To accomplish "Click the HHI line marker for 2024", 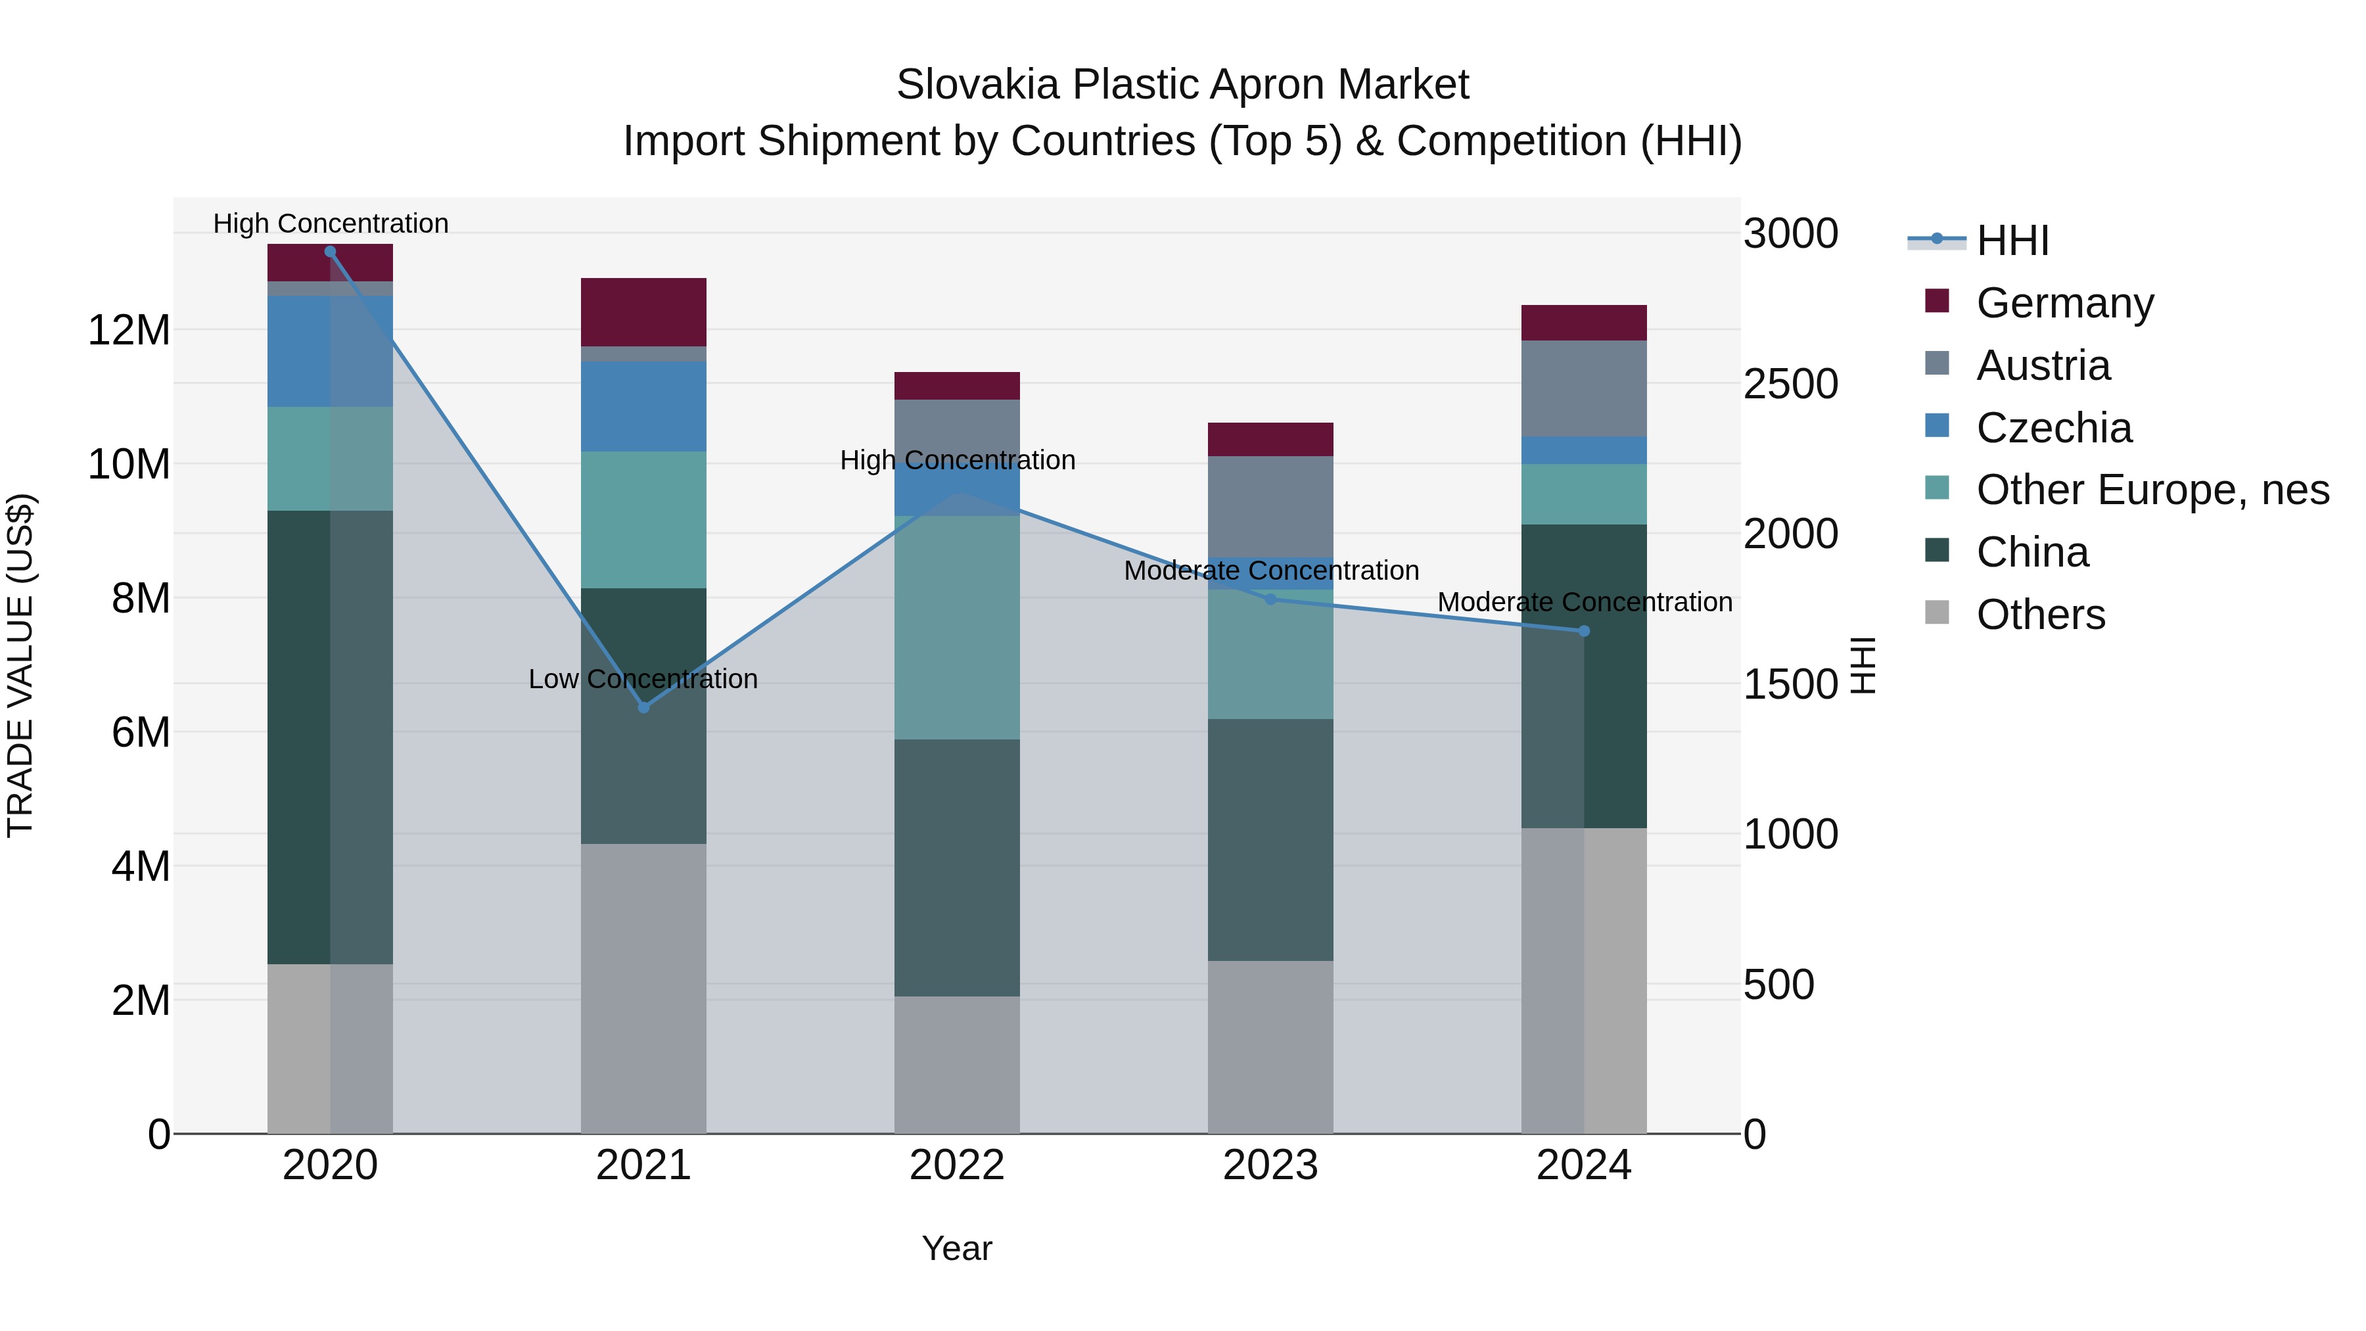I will click(x=1583, y=631).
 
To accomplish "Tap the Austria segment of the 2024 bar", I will click(x=1583, y=388).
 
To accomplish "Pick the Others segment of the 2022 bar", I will click(x=957, y=1065).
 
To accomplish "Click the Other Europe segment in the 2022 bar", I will click(x=957, y=628).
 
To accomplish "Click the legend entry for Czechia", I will click(x=2054, y=428).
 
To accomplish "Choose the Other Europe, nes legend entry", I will click(x=2152, y=490).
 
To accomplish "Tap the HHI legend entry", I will click(x=2012, y=241).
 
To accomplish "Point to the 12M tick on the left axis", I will click(x=129, y=331).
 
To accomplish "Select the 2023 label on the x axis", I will click(x=1270, y=1165).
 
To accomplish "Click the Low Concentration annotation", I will click(x=643, y=679).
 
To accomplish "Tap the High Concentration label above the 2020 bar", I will click(x=331, y=223).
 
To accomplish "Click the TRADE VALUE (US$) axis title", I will click(x=20, y=665).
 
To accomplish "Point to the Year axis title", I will click(x=957, y=1248).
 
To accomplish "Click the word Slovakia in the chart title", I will click(x=977, y=85).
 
